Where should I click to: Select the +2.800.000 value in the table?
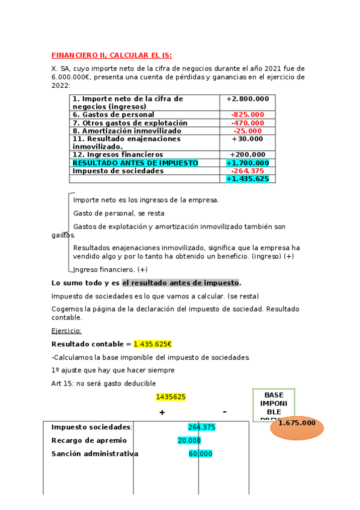pos(247,99)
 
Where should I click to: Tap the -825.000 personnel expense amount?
pos(247,114)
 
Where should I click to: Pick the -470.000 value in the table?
pos(247,123)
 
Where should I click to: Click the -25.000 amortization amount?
pos(247,131)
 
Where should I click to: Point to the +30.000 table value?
pos(247,138)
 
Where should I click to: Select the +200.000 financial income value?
pos(247,155)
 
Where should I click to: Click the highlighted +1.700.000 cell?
pos(247,163)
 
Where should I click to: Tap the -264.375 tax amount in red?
pos(247,171)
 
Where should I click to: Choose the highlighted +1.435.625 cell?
pos(247,179)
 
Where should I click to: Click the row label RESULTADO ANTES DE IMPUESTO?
pos(135,163)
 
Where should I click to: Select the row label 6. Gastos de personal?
pos(113,114)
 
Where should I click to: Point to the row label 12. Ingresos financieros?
pos(117,155)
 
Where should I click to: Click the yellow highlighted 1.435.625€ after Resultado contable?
pos(153,344)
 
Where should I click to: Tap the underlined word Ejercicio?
pos(66,331)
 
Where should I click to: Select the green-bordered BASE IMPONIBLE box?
pos(273,404)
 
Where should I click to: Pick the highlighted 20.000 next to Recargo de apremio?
pos(189,440)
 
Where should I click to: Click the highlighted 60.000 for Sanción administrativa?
pos(200,453)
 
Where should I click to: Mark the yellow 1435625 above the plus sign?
pos(171,397)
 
